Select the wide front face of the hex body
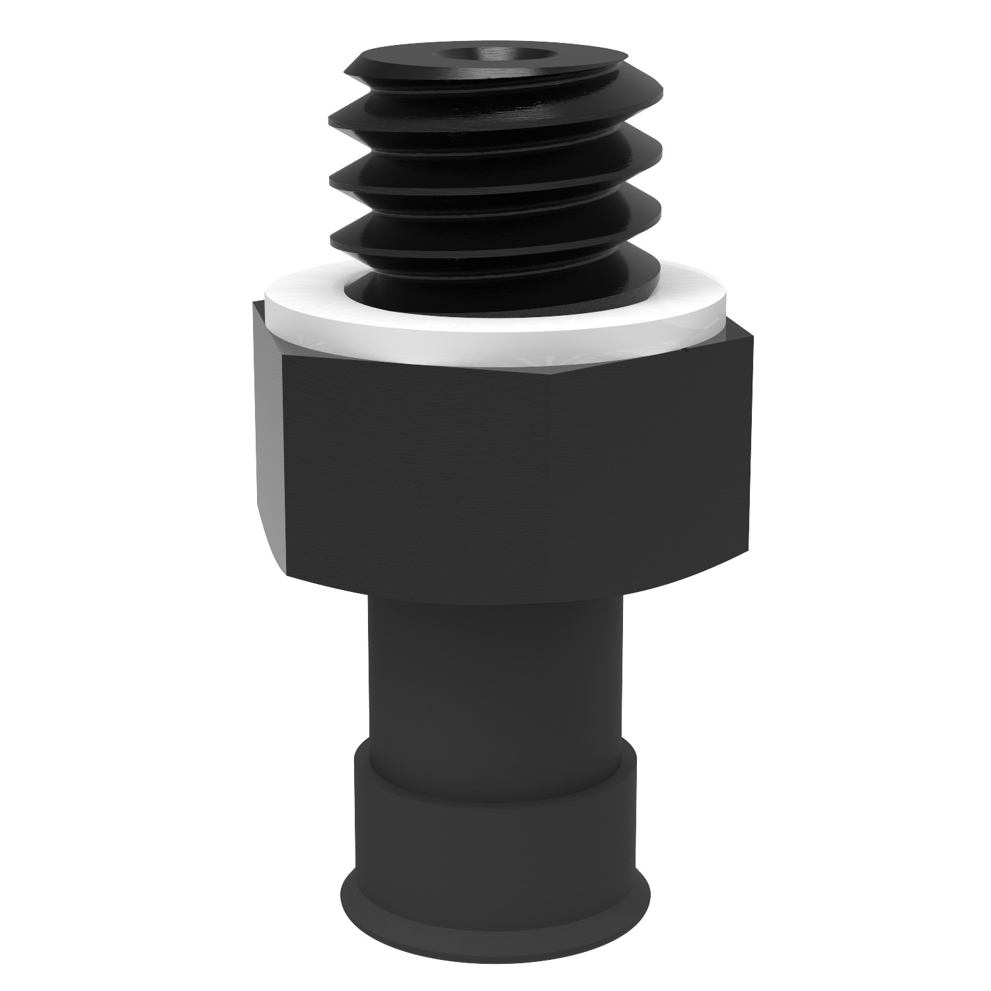click(x=515, y=476)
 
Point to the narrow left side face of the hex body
click(x=268, y=429)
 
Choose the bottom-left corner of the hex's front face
click(x=287, y=572)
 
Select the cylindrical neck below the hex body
click(x=495, y=674)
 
